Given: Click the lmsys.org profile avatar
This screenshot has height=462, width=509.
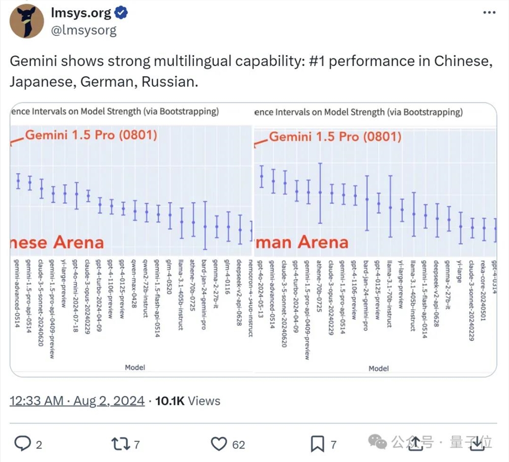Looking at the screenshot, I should [x=27, y=21].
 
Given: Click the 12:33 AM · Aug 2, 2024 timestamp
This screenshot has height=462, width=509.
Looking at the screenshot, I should [x=77, y=401].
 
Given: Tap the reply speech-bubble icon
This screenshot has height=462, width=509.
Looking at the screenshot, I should [x=22, y=444].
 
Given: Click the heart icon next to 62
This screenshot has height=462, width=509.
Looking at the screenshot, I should [x=218, y=444].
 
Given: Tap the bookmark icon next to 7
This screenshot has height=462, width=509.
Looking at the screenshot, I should [x=318, y=444].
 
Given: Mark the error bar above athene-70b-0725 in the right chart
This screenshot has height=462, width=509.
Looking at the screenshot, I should [x=320, y=193].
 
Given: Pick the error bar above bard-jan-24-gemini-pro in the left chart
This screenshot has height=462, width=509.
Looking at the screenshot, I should [x=205, y=225].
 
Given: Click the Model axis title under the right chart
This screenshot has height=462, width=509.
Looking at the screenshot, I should [x=378, y=368].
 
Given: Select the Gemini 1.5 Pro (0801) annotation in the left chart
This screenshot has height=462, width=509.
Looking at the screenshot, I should [x=91, y=135].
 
